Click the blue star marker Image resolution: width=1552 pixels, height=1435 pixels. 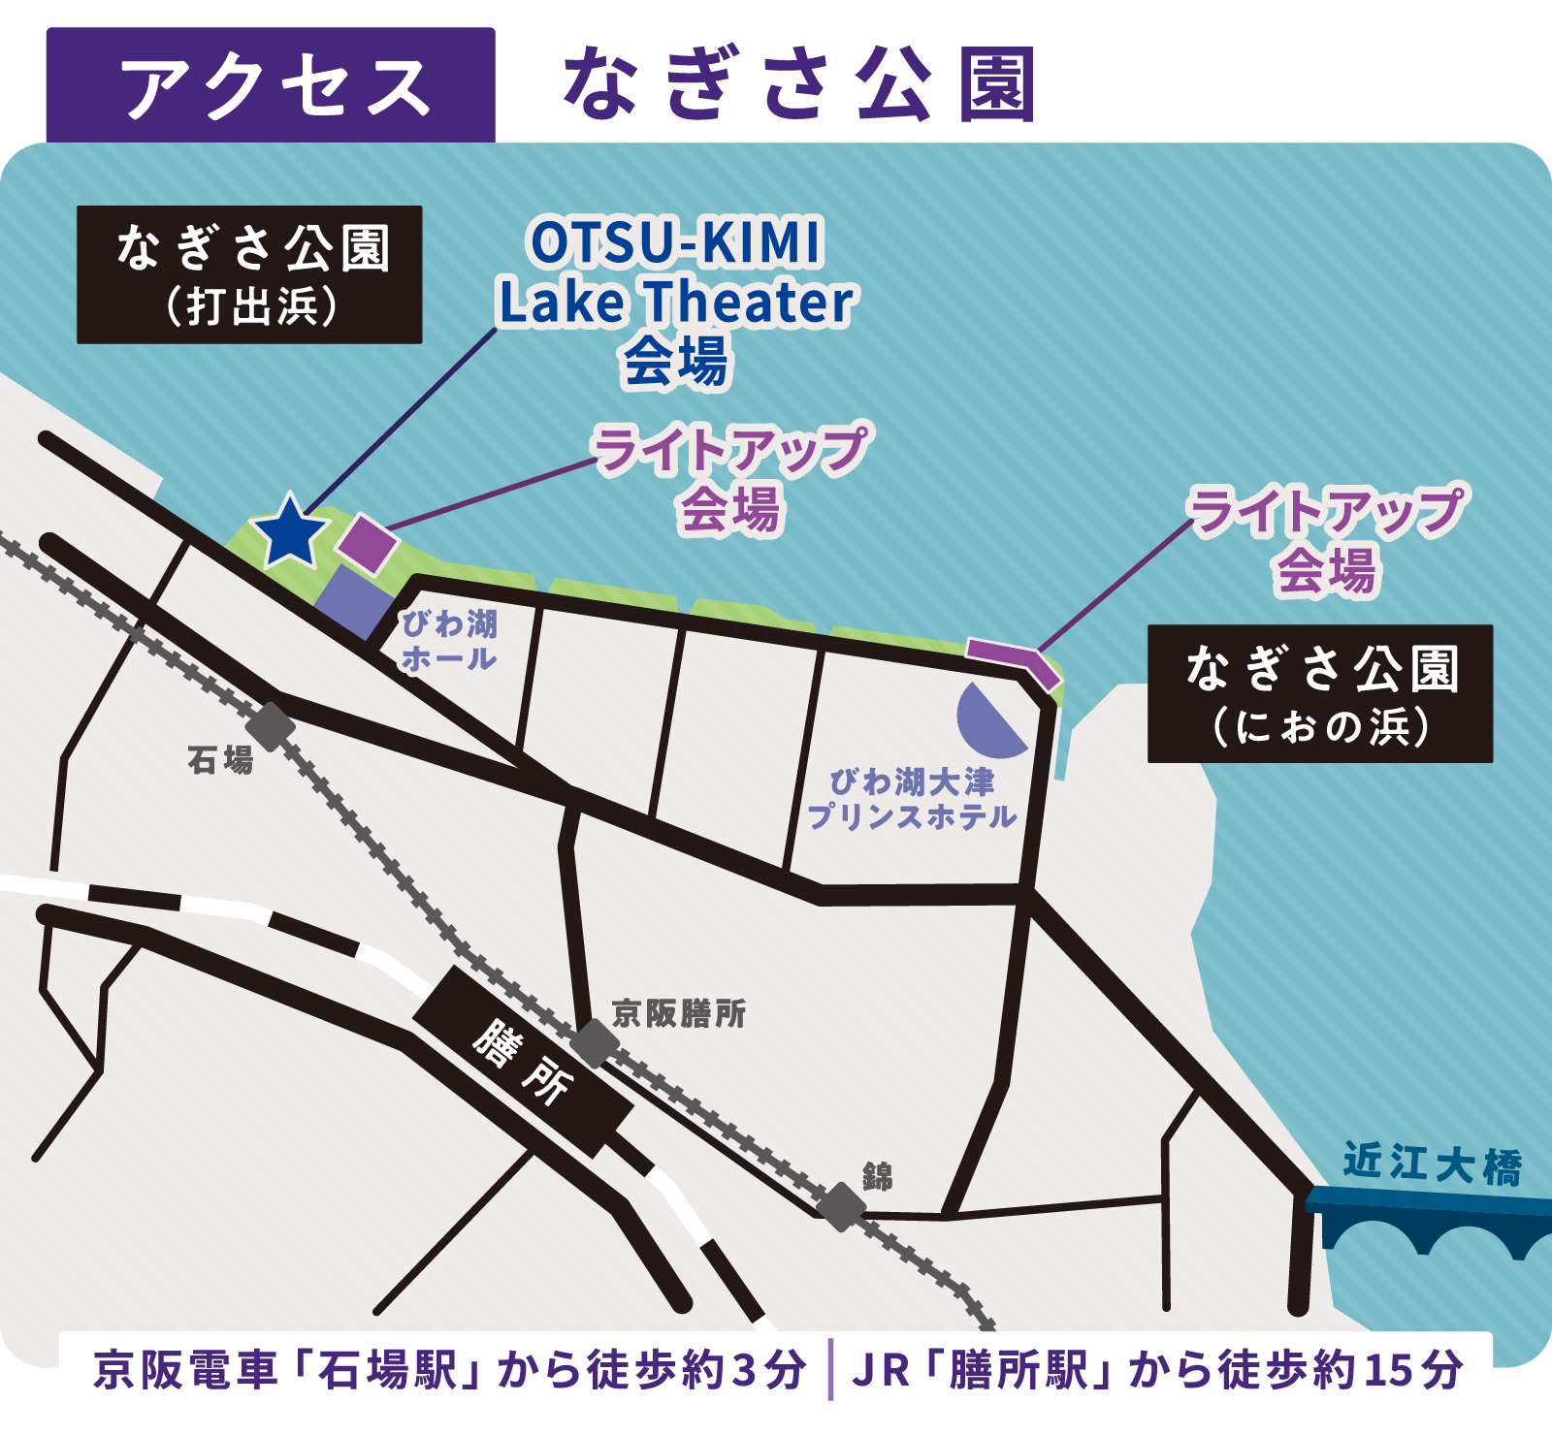pos(290,531)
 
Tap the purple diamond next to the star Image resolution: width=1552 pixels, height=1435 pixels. pos(368,543)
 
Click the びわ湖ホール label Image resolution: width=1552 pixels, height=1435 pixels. pos(449,641)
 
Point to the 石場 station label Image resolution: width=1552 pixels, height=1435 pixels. pos(220,759)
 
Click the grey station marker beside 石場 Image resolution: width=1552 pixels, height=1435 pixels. pos(271,726)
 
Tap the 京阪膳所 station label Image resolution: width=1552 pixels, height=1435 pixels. pos(679,1013)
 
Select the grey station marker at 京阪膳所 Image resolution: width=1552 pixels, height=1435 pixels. pos(594,1043)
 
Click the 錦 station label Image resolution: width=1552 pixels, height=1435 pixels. pos(877,1176)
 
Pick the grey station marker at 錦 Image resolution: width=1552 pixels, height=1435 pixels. pos(840,1207)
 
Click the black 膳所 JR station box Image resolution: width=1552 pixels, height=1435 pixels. pos(523,1062)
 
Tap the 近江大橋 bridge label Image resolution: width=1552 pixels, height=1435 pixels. pos(1432,1164)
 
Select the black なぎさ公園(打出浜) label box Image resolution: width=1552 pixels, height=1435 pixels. pos(250,274)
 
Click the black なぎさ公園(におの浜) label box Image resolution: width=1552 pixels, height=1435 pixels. pos(1320,694)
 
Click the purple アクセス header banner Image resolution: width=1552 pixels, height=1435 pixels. pos(271,85)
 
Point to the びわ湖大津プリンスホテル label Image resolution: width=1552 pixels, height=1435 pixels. pos(912,799)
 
